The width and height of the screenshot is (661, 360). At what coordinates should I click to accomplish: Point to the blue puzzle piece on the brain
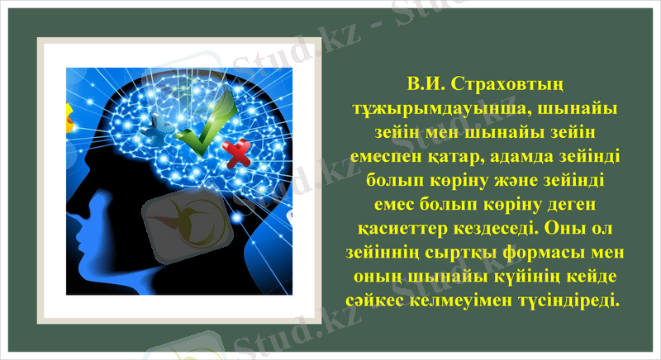(158, 129)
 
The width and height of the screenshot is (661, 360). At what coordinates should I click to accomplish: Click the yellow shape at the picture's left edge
(69, 124)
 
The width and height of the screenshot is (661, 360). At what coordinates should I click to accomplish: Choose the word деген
(569, 203)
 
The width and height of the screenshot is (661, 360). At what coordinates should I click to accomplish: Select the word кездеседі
(508, 227)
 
